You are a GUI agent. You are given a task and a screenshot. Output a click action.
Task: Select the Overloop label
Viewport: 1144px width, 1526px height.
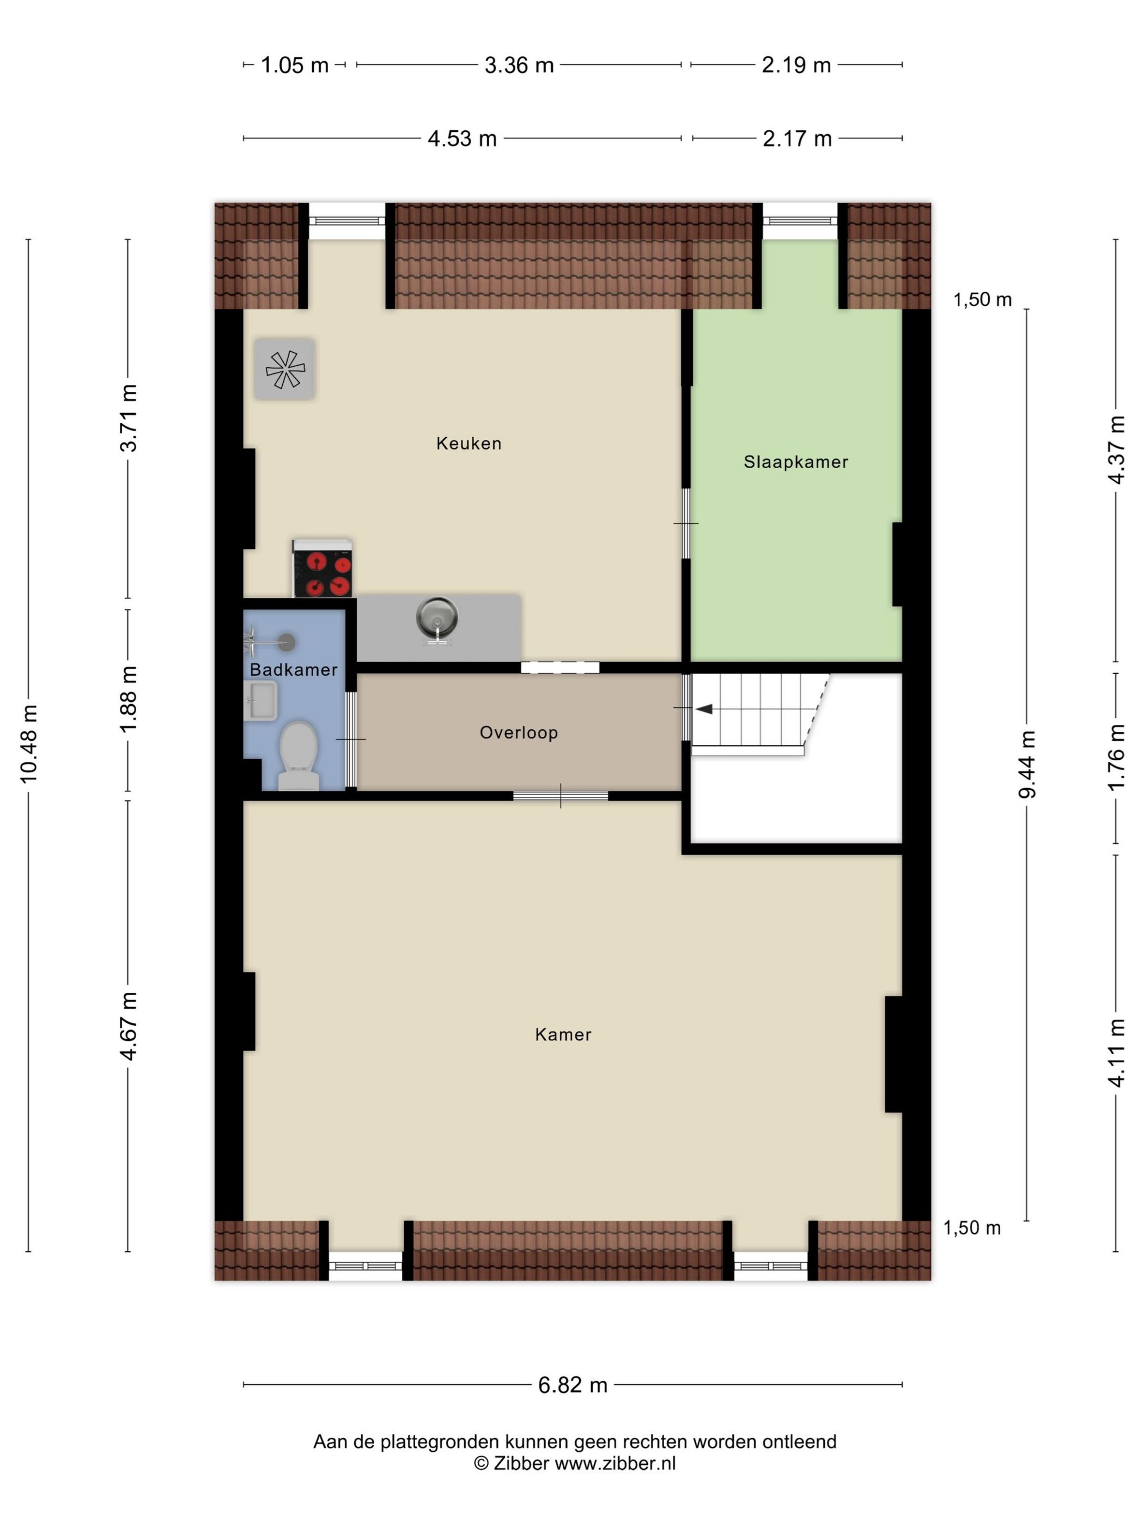519,732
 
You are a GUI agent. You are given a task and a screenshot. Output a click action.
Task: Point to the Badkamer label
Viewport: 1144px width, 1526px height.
293,670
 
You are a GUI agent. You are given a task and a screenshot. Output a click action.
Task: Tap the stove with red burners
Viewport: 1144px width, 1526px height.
322,568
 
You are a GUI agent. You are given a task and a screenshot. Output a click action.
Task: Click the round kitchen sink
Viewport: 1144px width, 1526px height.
436,615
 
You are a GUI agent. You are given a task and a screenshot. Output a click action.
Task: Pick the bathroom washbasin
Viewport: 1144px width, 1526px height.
260,700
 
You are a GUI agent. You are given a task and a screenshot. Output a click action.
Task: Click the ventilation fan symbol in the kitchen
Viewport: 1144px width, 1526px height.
285,369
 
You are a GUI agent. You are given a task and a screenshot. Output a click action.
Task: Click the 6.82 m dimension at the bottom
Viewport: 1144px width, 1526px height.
573,1385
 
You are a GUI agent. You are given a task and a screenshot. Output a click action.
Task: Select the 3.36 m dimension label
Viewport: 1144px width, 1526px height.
519,65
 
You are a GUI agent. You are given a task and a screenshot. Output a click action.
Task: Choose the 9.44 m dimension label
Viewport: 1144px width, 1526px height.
1027,765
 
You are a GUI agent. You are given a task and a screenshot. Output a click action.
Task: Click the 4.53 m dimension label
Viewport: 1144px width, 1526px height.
462,138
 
